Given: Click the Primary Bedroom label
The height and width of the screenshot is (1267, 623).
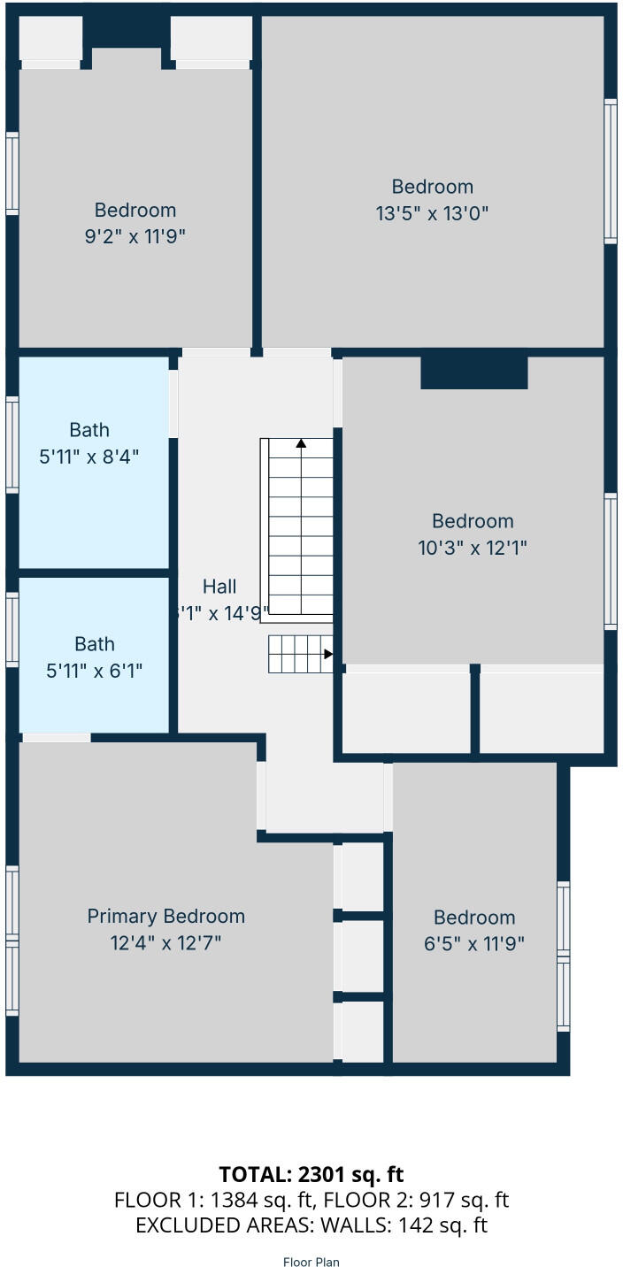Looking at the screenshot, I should point(165,917).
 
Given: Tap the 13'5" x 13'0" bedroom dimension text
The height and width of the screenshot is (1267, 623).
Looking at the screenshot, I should point(433,213).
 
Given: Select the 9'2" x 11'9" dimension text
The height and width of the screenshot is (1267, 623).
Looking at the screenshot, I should point(135,236).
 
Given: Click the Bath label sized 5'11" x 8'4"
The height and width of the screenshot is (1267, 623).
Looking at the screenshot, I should point(89,430).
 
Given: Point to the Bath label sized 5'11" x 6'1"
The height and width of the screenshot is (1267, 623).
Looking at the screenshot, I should point(94,644).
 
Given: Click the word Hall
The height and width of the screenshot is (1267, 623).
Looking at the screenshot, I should point(219,587).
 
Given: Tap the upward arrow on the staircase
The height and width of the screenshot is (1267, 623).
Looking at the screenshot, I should point(302,443).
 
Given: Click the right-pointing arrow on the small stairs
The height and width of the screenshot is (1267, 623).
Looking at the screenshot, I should point(327,655).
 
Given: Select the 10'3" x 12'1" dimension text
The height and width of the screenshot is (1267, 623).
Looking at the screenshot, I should point(473,548).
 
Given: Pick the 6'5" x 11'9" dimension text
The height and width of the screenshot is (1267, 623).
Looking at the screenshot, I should point(474,944).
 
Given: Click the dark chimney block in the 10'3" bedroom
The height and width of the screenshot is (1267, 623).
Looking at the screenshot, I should point(474,372).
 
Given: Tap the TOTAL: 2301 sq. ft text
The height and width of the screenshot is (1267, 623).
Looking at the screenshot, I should point(311,1174).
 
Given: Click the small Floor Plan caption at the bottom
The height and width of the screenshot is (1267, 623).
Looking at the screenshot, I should point(311,1262).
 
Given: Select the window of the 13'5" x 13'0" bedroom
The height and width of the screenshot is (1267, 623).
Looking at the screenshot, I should point(611,171).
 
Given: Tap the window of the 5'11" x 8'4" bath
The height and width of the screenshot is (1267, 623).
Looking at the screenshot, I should point(12,444).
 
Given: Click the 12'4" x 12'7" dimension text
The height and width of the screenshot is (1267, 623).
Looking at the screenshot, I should point(165,943).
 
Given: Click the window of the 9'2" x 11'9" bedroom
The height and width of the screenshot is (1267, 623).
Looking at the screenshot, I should point(12,173).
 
